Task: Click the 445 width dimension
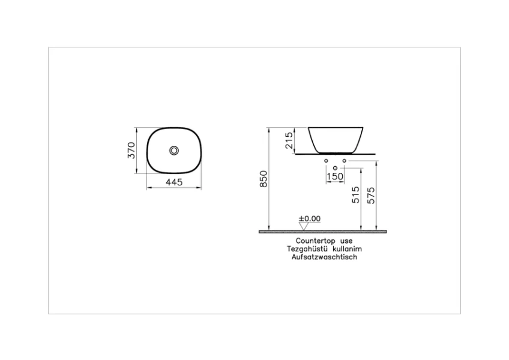[x=173, y=182]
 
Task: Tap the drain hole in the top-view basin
[x=174, y=150]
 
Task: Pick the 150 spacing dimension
[x=335, y=176]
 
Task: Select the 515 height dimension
[x=355, y=195]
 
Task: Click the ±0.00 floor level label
[x=310, y=218]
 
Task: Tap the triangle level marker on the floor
[x=303, y=226]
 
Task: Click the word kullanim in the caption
[x=348, y=248]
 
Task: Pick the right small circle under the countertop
[x=345, y=161]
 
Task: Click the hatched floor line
[x=322, y=230]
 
